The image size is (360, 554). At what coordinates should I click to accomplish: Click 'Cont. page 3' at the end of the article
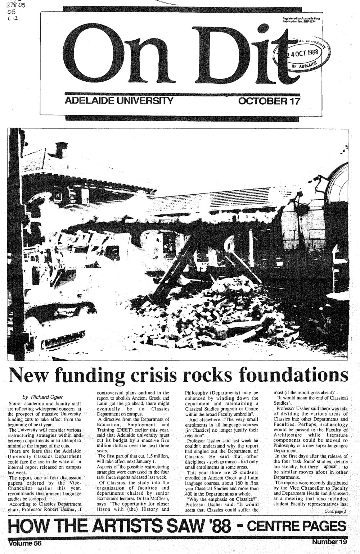[335, 511]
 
